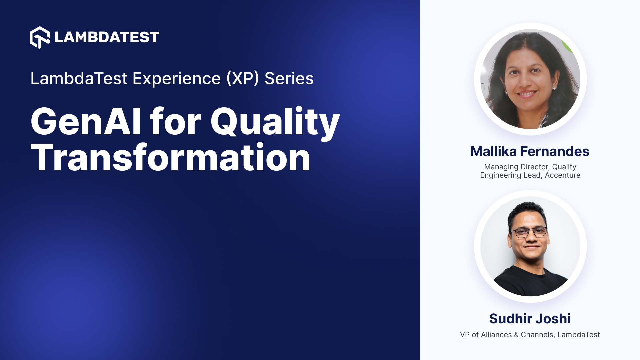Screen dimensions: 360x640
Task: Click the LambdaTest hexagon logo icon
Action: [x=39, y=37]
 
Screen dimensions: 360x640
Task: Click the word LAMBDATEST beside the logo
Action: [x=107, y=37]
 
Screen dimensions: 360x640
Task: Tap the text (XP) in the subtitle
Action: [x=242, y=79]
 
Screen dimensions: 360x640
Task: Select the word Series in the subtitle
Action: [x=289, y=79]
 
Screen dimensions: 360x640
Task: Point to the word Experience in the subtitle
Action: [x=177, y=79]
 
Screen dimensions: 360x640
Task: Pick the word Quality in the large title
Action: [x=275, y=122]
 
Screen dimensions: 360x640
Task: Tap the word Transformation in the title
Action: [x=170, y=158]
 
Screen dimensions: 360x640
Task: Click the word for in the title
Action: [x=176, y=122]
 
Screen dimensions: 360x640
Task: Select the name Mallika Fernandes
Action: [x=530, y=151]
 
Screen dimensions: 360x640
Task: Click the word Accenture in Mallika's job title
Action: [x=562, y=175]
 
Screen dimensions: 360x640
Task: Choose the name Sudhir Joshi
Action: [x=530, y=319]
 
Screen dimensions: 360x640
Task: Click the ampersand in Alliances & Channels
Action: [x=516, y=335]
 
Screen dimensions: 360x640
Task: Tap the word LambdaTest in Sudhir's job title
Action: [x=578, y=335]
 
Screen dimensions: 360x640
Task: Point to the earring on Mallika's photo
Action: [x=554, y=88]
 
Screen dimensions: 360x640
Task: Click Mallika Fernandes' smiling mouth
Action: [x=527, y=94]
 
